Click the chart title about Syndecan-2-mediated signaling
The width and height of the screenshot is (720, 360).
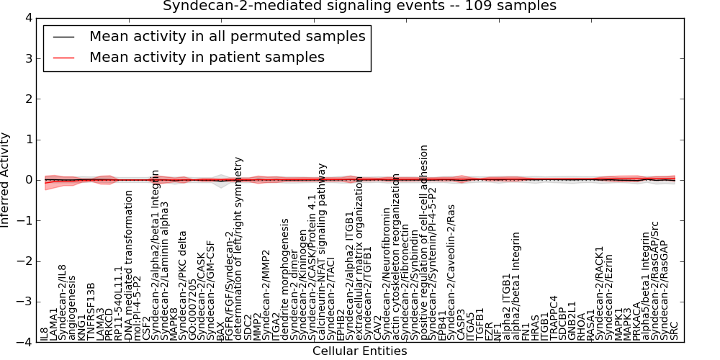click(359, 6)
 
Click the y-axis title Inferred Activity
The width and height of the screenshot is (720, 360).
click(6, 180)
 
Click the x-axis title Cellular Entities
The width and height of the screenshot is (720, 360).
click(359, 351)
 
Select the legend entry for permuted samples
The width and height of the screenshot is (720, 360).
click(227, 36)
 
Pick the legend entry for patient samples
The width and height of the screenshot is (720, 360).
click(207, 57)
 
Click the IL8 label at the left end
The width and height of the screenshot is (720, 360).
click(45, 332)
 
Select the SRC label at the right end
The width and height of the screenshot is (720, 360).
click(675, 330)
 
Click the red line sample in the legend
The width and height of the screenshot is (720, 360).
click(63, 58)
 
